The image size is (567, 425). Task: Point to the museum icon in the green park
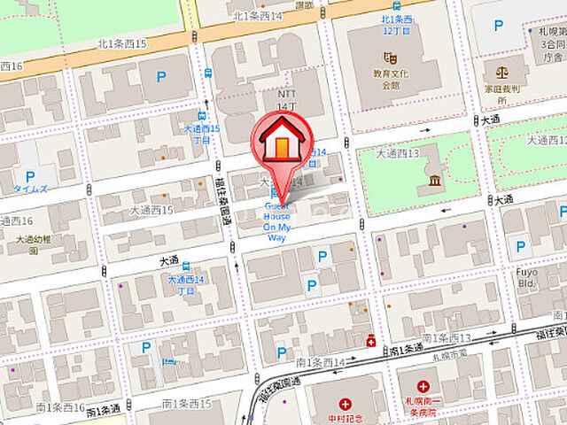(434, 182)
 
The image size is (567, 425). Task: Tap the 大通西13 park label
(397, 153)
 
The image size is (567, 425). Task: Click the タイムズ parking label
(30, 189)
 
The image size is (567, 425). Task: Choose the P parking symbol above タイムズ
(29, 176)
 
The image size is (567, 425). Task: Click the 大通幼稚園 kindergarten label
(34, 244)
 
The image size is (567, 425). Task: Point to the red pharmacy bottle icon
(371, 340)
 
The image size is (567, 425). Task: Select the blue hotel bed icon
(169, 361)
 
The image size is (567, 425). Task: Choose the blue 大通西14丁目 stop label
(186, 284)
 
